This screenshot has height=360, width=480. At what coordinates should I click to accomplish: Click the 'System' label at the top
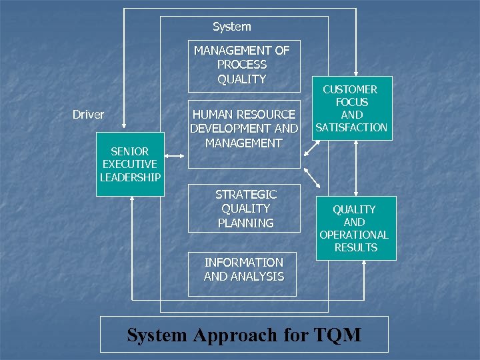tap(232, 27)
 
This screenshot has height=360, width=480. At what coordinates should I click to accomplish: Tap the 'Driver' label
tap(88, 115)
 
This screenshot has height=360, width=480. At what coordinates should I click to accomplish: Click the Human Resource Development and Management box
tap(243, 129)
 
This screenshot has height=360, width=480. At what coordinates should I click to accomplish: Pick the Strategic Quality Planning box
tap(245, 209)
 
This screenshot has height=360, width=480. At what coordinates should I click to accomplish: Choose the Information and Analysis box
tap(243, 269)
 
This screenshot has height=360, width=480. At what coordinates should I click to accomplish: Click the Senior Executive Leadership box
tap(130, 164)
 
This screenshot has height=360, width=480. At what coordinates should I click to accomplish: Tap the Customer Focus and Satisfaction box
tap(351, 109)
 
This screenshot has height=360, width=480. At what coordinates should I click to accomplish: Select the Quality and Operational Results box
tap(355, 228)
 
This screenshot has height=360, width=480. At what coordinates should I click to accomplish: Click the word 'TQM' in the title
tap(337, 334)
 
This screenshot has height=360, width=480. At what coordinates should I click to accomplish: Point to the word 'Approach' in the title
tap(231, 335)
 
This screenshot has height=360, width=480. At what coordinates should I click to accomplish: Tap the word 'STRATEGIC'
tap(245, 195)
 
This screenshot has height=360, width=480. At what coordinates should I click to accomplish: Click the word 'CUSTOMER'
tap(350, 89)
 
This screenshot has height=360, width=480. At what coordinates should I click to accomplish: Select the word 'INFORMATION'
tap(243, 262)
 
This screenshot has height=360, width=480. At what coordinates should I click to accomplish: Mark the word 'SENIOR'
tap(130, 151)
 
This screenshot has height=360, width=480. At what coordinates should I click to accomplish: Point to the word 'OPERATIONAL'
tap(354, 235)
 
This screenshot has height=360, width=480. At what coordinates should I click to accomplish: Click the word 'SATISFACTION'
tap(351, 127)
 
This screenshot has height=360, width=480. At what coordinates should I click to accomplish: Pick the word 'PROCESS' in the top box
tap(241, 65)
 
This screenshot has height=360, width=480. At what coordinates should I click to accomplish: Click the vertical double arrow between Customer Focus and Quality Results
tap(356, 168)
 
